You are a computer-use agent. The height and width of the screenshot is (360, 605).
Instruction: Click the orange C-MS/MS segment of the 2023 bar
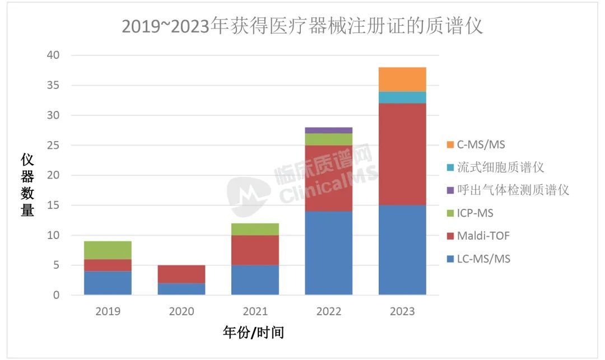[402, 80]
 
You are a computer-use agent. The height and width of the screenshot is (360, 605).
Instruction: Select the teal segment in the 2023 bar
[402, 97]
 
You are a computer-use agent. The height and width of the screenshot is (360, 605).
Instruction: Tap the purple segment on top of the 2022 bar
[329, 130]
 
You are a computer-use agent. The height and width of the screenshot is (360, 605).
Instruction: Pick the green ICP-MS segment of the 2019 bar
[108, 250]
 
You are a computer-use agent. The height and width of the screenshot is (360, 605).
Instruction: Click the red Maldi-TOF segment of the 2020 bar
[182, 274]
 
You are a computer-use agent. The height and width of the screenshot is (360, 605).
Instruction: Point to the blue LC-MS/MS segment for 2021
[255, 280]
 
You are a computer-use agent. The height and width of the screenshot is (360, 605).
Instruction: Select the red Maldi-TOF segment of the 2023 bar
[402, 154]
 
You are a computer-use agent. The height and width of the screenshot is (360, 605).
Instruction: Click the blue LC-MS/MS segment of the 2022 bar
[329, 253]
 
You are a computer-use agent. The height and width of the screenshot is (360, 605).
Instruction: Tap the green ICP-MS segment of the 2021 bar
[255, 229]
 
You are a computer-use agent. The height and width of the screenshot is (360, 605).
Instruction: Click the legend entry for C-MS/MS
[480, 144]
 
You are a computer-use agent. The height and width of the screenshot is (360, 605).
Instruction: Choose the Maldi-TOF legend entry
[483, 236]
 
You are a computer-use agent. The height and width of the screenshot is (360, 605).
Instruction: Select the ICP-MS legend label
[475, 213]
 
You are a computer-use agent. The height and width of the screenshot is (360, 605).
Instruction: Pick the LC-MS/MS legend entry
[483, 259]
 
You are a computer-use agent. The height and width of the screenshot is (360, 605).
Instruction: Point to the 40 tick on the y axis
[54, 55]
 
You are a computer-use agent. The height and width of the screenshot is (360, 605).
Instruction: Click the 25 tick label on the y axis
[54, 146]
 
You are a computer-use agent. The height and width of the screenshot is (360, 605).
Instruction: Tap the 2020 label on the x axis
[182, 311]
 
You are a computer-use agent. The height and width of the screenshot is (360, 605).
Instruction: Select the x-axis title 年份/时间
[253, 333]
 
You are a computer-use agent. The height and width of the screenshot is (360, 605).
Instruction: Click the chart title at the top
[302, 26]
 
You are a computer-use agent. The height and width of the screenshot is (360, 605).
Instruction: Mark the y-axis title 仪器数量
[27, 185]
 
